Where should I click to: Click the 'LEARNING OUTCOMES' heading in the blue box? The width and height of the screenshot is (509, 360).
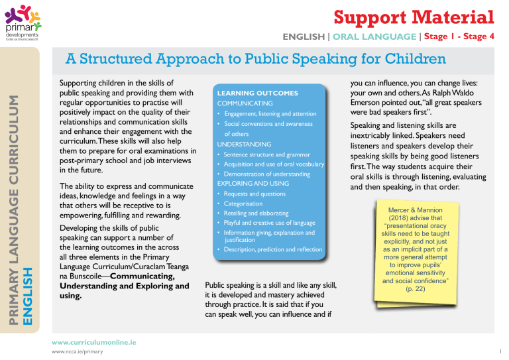click(x=257, y=93)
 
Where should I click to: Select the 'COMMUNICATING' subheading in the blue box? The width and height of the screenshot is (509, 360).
click(x=245, y=104)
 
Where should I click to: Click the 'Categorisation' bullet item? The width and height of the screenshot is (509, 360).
click(x=243, y=204)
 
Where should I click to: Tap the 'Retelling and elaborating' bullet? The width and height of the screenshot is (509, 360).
click(x=256, y=213)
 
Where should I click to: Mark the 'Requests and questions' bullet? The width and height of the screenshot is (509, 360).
click(x=254, y=194)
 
